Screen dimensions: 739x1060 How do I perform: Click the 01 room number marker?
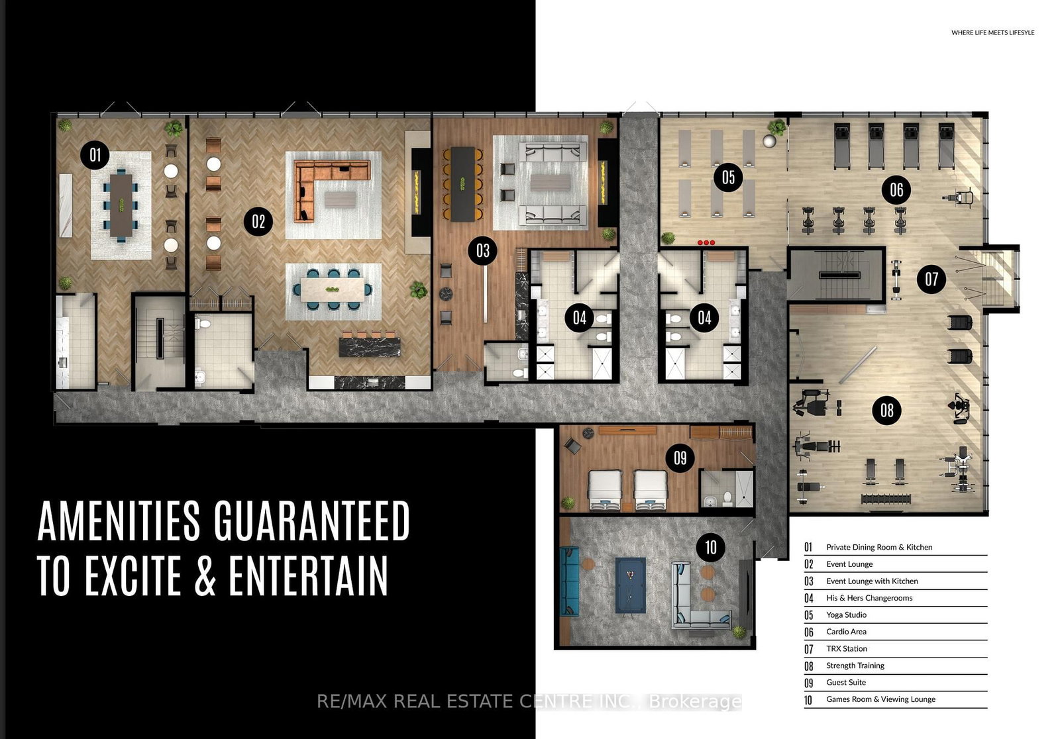(x=95, y=155)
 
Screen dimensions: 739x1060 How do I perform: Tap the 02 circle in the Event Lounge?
(x=258, y=221)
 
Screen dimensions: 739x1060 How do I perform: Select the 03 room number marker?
(x=482, y=250)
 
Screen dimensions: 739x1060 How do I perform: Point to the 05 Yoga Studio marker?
(x=728, y=177)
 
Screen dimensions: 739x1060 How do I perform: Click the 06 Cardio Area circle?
(x=896, y=190)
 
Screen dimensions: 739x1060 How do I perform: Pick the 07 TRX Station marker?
(x=931, y=279)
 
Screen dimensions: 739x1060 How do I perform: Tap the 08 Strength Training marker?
(x=886, y=411)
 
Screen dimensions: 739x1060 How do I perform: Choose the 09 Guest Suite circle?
(x=680, y=458)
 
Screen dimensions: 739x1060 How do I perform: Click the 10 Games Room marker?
(x=710, y=548)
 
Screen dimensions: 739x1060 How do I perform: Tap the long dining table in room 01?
(x=121, y=205)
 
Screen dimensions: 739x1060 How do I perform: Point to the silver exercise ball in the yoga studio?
(x=768, y=141)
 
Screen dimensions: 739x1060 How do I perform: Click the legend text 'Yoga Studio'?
(x=846, y=615)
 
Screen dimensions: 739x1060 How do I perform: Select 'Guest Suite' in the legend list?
(x=846, y=683)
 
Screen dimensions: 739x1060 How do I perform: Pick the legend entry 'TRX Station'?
(x=846, y=649)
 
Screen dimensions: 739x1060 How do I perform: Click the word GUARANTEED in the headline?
(x=311, y=520)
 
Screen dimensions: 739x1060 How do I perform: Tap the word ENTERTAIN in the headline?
(x=308, y=575)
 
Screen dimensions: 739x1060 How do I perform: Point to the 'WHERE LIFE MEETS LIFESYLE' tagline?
(x=992, y=32)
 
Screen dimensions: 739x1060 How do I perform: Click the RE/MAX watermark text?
(x=529, y=701)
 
